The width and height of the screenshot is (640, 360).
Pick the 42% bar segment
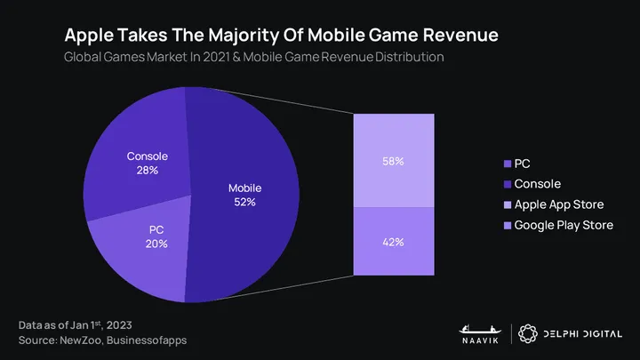393,241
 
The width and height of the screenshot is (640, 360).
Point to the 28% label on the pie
148,169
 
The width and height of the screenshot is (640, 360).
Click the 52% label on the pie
244,202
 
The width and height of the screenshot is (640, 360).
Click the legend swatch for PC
507,164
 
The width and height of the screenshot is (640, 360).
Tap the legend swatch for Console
507,184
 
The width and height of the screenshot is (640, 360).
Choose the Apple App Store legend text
559,204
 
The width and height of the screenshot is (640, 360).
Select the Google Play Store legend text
564,225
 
